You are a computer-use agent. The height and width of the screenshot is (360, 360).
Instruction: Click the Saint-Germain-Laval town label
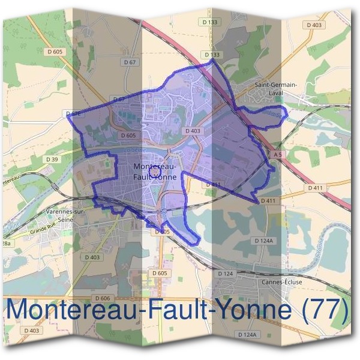click(x=276, y=88)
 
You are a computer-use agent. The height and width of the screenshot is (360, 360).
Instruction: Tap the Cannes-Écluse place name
click(x=275, y=281)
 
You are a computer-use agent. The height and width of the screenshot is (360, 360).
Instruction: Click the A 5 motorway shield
click(x=277, y=154)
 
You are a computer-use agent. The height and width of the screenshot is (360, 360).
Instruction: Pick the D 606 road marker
click(x=103, y=298)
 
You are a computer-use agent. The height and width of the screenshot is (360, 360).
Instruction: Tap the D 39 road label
click(x=52, y=159)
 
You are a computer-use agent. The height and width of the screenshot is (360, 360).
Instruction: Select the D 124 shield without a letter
click(x=225, y=274)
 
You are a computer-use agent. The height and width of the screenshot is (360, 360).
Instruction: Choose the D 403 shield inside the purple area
click(x=193, y=131)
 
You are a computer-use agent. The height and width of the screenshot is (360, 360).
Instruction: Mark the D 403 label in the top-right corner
click(x=314, y=25)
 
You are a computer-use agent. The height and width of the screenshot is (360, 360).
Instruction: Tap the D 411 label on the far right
click(x=314, y=188)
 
